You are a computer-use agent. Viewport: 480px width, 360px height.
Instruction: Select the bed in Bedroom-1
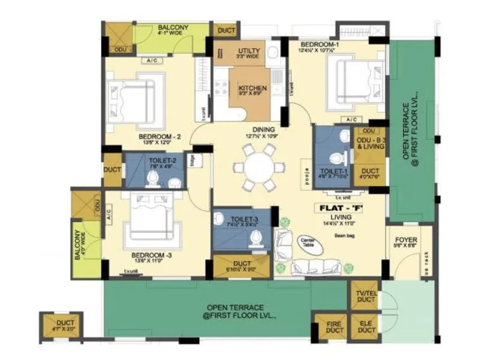click(354, 82)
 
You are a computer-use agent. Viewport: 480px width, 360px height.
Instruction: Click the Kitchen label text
click(253, 89)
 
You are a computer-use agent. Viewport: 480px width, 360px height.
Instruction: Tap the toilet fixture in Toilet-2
click(153, 178)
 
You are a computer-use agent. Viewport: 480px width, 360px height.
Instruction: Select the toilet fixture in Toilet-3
click(257, 239)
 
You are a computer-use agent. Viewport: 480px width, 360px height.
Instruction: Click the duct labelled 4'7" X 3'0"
click(61, 326)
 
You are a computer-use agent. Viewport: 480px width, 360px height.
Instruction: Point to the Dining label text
click(264, 129)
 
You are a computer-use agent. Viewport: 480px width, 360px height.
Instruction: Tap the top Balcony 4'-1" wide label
click(173, 31)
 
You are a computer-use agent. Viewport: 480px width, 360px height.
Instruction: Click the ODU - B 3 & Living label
click(370, 143)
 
